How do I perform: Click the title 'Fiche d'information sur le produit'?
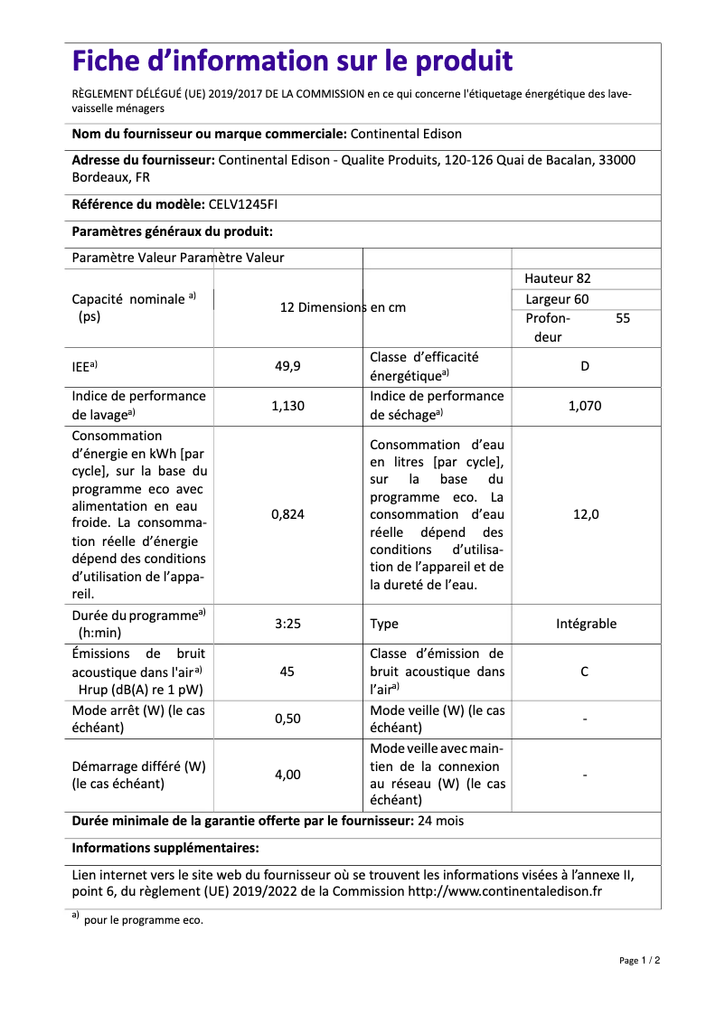(292, 61)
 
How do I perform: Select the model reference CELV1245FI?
(243, 205)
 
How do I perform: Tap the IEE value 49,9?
(287, 367)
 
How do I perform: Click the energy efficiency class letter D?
(585, 367)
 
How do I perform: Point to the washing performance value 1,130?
(287, 406)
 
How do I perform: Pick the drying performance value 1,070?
(585, 406)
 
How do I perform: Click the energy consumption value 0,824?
(287, 514)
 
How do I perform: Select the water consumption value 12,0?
(585, 514)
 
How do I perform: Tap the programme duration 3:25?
(287, 624)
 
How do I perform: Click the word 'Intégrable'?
(586, 624)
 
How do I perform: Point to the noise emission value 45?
(287, 672)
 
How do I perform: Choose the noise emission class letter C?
(585, 672)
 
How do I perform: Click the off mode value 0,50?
(287, 719)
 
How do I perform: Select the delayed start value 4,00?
(287, 775)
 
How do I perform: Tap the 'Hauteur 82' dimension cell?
(558, 278)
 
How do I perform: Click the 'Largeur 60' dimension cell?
(557, 299)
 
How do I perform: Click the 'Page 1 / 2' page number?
(639, 960)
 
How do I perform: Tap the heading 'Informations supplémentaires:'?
(165, 848)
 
